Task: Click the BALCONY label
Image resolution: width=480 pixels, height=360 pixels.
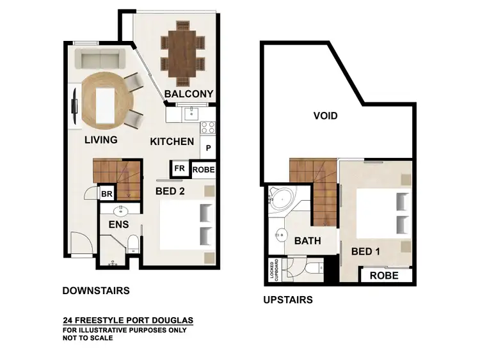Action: point(188,94)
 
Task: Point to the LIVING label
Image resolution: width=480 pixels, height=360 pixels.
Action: point(100,140)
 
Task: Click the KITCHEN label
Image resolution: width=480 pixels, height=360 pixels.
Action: point(172,141)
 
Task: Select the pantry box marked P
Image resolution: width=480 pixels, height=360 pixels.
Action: point(209,148)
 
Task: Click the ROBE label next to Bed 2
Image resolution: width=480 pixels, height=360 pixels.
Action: point(203,170)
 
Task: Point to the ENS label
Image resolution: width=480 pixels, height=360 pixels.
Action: point(118,224)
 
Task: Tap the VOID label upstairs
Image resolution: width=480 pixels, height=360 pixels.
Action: point(325,116)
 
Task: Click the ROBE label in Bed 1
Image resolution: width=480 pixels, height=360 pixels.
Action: point(383,276)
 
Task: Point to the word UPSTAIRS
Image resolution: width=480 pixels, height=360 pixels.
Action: point(288,299)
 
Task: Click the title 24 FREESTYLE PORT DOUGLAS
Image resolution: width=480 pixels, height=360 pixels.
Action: point(128,320)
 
